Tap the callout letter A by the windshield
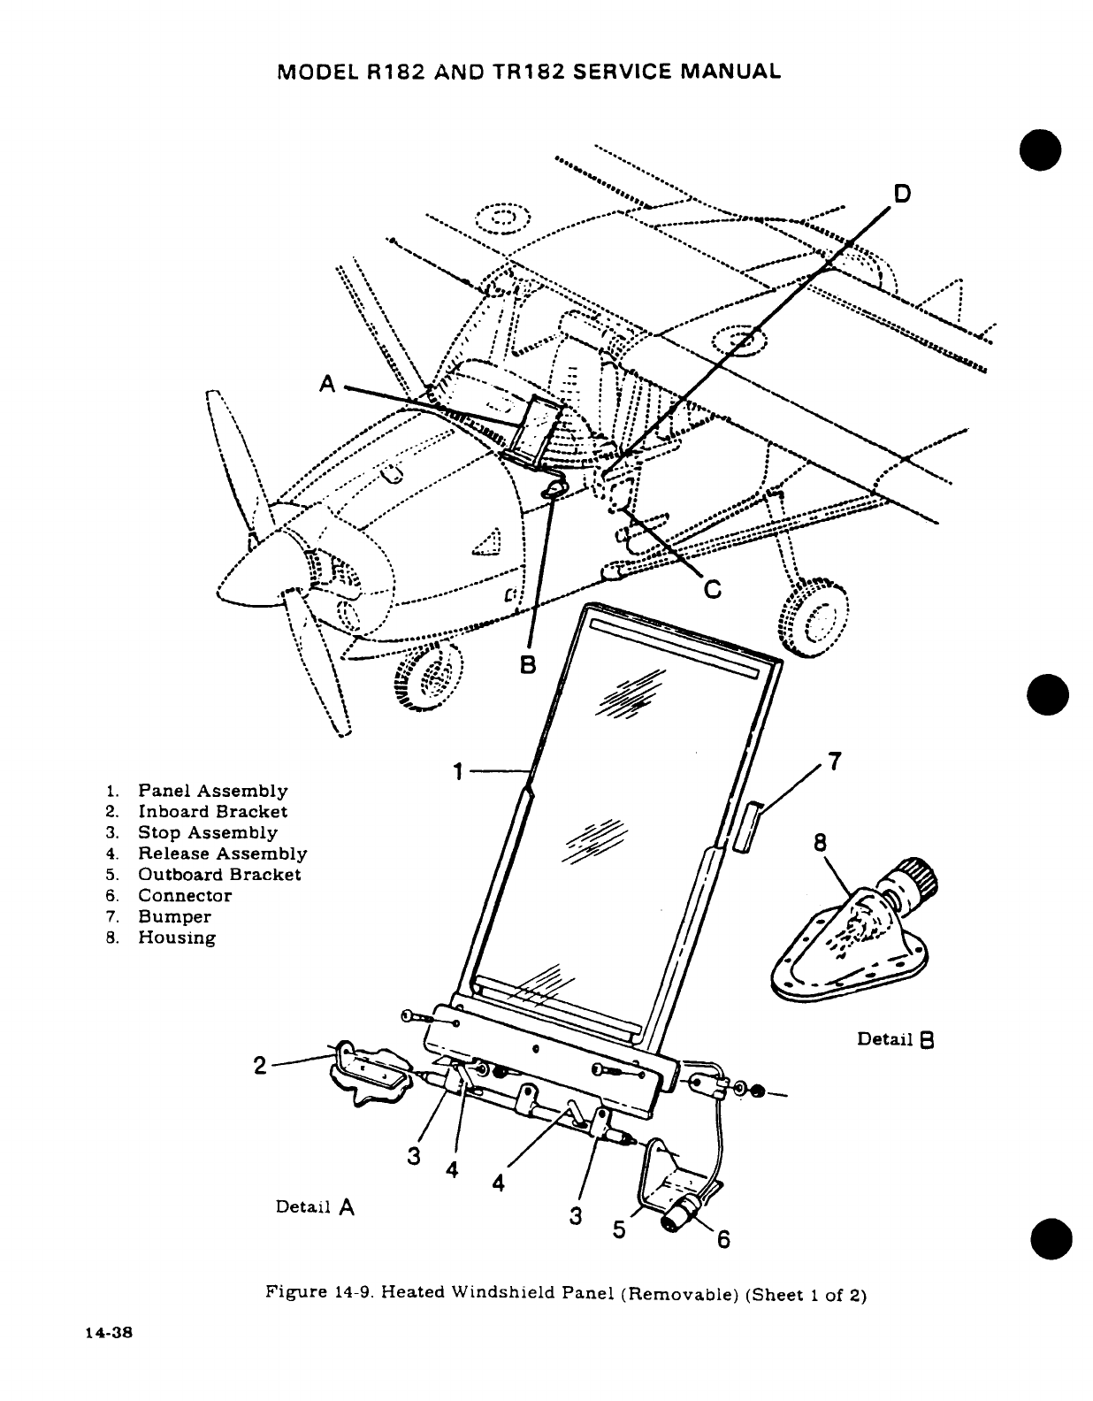point(329,383)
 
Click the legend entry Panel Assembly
point(212,791)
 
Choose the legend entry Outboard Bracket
point(219,875)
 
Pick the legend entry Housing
point(177,938)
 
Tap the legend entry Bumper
point(174,916)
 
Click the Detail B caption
point(896,1039)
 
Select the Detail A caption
point(315,1206)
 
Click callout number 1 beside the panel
point(457,772)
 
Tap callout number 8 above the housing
point(820,843)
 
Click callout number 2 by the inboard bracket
point(258,1066)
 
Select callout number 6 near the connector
point(722,1240)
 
